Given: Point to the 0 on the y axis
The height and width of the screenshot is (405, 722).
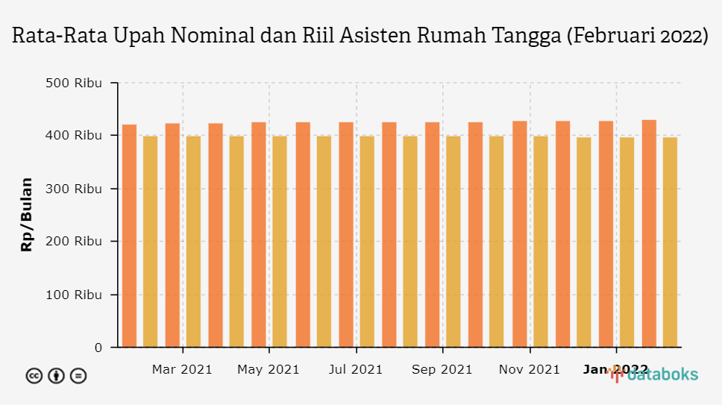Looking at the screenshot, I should point(98,348).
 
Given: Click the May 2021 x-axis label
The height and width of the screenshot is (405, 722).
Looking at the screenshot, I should point(268,369).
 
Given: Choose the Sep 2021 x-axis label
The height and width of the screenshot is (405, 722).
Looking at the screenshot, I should point(442,369).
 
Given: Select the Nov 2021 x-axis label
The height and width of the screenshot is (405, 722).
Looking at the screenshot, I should point(529,369).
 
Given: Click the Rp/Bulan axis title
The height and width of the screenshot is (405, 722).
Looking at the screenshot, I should point(27,215).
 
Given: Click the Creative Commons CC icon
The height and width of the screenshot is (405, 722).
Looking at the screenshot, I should point(34,376).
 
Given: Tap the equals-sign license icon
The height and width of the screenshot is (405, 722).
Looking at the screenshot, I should point(78,376).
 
